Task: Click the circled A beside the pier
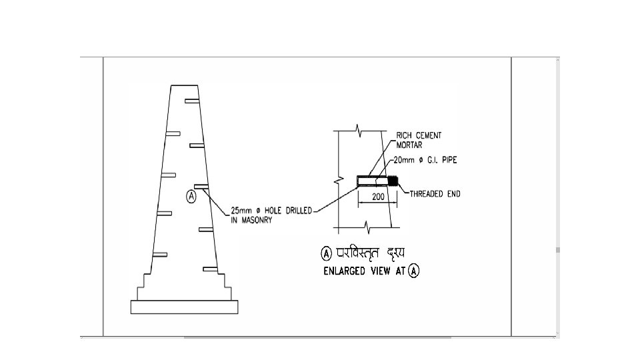[191, 196]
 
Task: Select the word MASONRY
[251, 221]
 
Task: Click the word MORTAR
[409, 144]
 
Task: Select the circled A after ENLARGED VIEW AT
[413, 272]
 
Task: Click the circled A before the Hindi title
[327, 253]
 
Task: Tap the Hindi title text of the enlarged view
[369, 253]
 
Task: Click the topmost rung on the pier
[192, 101]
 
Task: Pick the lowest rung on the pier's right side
[211, 269]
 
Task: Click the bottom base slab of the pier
[185, 307]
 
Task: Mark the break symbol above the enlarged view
[359, 128]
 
